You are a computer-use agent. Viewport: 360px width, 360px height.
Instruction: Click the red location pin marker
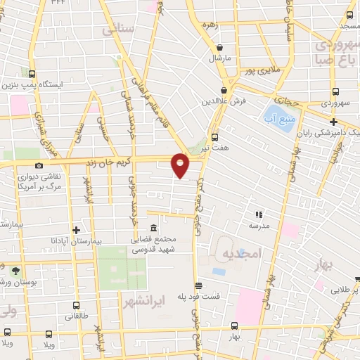(181, 165)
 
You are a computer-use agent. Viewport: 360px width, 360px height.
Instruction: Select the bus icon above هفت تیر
(215, 137)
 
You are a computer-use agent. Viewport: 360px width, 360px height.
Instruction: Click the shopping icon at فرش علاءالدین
(224, 90)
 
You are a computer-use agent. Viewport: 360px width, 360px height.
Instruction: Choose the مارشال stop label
(219, 58)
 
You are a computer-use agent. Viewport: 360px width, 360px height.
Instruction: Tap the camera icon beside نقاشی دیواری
(38, 165)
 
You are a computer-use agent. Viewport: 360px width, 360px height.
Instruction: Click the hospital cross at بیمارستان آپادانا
(76, 229)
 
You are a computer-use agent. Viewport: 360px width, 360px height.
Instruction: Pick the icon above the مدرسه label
(259, 214)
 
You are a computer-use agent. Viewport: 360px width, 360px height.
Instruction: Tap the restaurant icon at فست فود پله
(200, 285)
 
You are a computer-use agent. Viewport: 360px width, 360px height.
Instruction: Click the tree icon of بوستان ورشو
(15, 270)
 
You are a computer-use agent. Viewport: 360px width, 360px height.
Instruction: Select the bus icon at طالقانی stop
(76, 306)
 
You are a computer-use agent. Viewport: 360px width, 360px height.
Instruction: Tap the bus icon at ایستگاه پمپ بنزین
(32, 73)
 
